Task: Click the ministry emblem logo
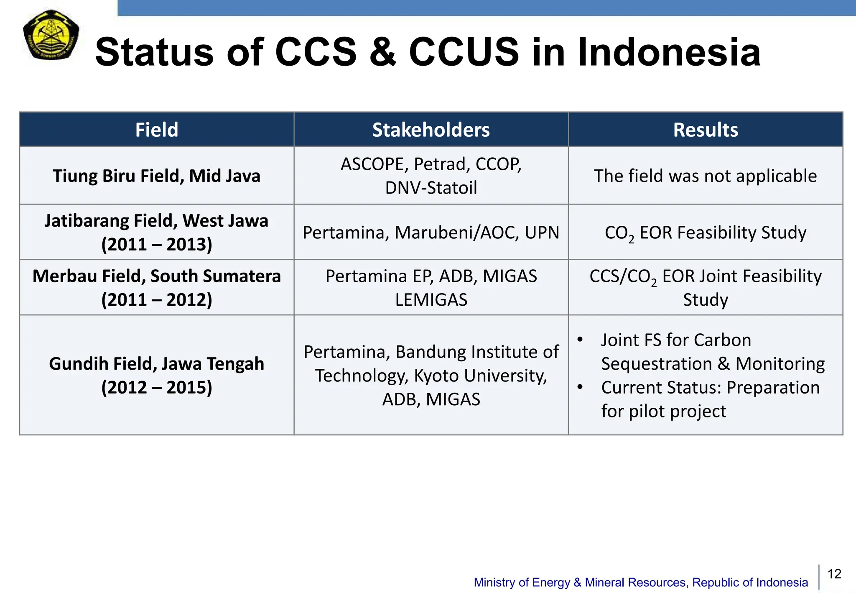[x=51, y=35]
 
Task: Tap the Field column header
[x=157, y=130]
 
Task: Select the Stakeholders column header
[x=431, y=130]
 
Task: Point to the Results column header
[x=706, y=130]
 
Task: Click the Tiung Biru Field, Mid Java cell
[x=157, y=176]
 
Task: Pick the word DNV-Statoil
[x=431, y=188]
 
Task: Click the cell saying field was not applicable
[x=706, y=176]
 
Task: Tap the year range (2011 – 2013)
[x=157, y=244]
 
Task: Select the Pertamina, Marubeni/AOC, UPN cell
[x=431, y=233]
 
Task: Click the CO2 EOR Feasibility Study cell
[x=706, y=233]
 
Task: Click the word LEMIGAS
[x=431, y=299]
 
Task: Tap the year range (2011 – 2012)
[x=157, y=299]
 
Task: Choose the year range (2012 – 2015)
[x=157, y=387]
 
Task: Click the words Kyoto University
[x=480, y=376]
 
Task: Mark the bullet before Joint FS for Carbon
[x=580, y=340]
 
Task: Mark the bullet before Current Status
[x=580, y=387]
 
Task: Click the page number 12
[x=834, y=574]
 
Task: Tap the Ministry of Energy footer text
[x=641, y=582]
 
